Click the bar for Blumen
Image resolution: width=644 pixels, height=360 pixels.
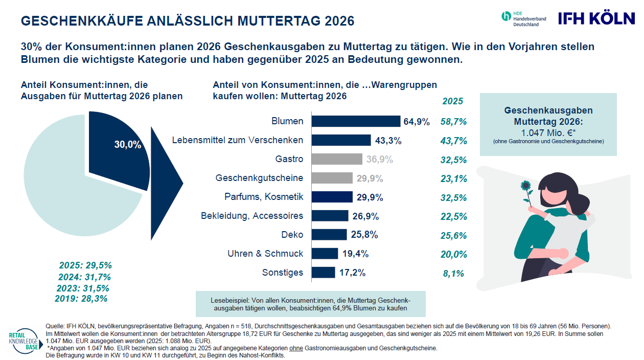pyautogui.click(x=356, y=121)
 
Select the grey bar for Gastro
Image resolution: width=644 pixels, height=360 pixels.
pyautogui.click(x=337, y=159)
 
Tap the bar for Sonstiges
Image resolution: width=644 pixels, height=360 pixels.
pyautogui.click(x=323, y=273)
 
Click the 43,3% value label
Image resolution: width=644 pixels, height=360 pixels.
pyautogui.click(x=388, y=140)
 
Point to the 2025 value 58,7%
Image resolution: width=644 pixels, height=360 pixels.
pyautogui.click(x=453, y=122)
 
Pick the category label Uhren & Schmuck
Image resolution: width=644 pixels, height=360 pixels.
pyautogui.click(x=265, y=254)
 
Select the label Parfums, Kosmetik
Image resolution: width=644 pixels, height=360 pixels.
pyautogui.click(x=264, y=197)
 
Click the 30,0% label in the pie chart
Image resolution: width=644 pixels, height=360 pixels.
pyautogui.click(x=127, y=145)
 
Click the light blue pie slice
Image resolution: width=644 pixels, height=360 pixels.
pyautogui.click(x=66, y=194)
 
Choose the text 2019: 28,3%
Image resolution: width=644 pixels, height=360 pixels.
pyautogui.click(x=81, y=299)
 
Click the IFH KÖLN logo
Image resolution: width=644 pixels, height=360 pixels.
pyautogui.click(x=595, y=18)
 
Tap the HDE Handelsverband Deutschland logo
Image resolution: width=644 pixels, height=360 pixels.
pyautogui.click(x=524, y=18)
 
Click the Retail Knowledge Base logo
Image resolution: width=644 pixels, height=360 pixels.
pyautogui.click(x=23, y=340)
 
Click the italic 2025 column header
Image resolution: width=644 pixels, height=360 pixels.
pyautogui.click(x=453, y=101)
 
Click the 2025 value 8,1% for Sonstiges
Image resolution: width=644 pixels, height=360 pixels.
pyautogui.click(x=453, y=274)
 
